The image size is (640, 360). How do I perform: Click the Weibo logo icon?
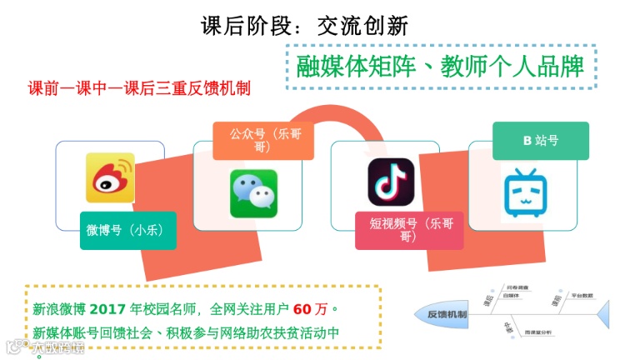109,177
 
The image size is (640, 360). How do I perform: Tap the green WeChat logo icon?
253,194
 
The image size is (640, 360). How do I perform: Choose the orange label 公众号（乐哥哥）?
262,139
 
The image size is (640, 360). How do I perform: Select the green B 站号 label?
540,140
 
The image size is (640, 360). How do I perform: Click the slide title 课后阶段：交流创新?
305,26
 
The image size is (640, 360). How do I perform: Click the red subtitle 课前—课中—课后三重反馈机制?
140,87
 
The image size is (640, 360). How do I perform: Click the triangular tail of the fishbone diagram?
606,315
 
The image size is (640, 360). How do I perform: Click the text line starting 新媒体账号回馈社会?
187,332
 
